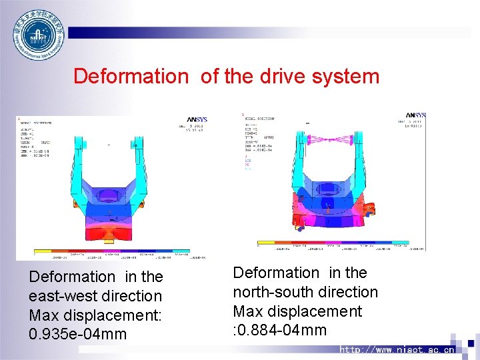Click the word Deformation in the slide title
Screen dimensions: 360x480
131,76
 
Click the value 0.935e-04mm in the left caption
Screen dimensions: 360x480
78,333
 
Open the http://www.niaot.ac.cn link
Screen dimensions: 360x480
397,349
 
